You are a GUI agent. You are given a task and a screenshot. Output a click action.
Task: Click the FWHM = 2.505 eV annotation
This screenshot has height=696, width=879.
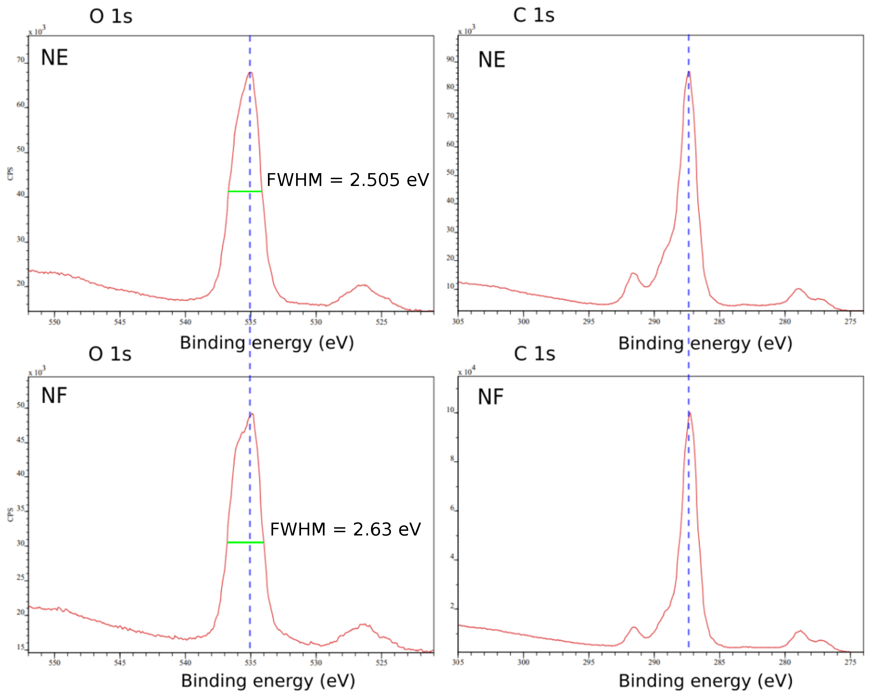click(x=347, y=180)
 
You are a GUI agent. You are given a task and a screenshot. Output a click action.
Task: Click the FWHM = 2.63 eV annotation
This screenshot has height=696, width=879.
click(x=345, y=529)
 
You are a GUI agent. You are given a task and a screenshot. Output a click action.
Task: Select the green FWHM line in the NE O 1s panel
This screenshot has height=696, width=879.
click(x=245, y=191)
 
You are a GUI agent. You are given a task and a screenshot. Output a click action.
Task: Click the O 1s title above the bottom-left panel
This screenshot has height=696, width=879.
click(x=110, y=354)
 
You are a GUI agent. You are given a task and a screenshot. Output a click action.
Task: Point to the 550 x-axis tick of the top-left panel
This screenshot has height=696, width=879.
click(x=54, y=322)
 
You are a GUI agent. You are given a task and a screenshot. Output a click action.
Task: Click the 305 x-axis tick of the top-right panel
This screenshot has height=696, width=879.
click(x=458, y=322)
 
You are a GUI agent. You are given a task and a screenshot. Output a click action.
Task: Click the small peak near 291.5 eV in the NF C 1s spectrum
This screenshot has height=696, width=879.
click(x=634, y=628)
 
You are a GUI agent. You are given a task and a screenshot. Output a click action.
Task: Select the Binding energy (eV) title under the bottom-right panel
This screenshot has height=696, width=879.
click(x=705, y=681)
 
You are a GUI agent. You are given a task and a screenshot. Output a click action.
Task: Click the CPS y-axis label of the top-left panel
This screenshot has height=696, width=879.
click(x=10, y=174)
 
